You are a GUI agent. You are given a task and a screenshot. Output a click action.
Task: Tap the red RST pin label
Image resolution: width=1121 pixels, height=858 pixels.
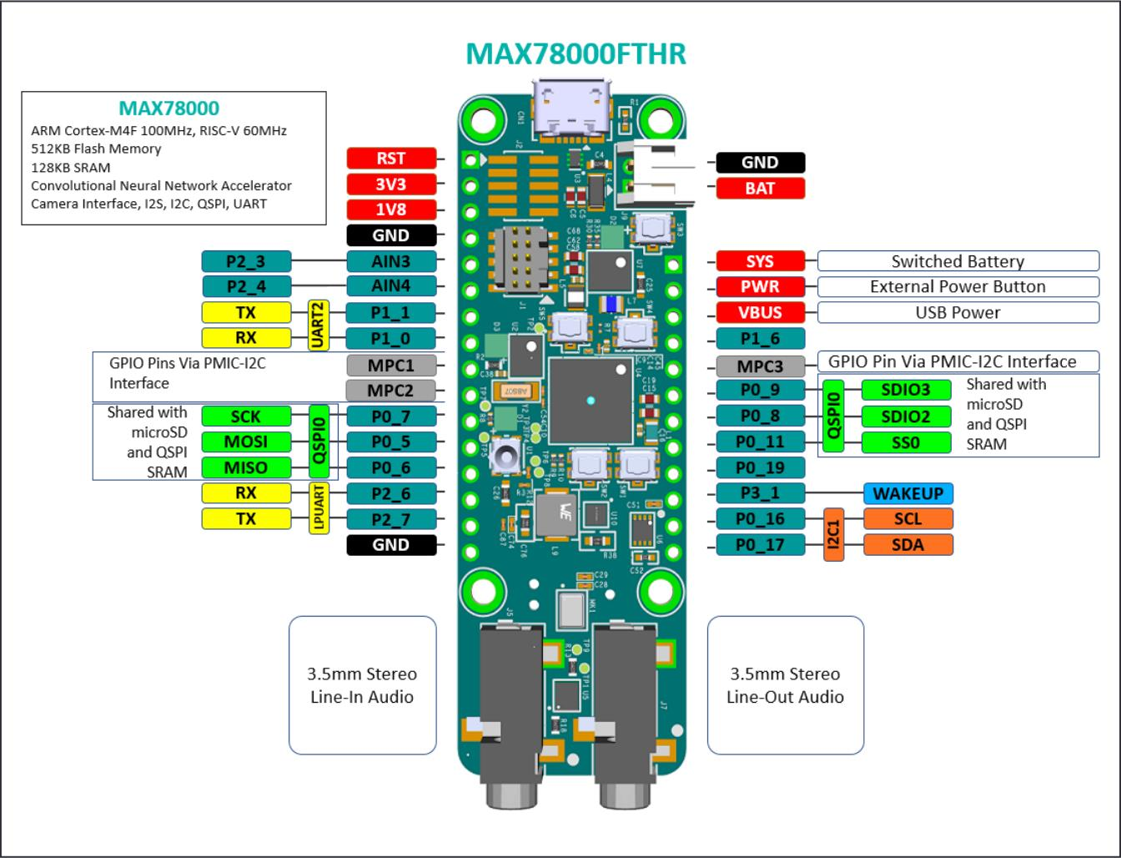(x=391, y=159)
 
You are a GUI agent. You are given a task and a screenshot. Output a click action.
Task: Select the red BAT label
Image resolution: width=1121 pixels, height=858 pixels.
(x=760, y=189)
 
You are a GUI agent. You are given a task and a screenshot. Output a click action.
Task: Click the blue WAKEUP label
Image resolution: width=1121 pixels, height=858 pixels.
(x=907, y=493)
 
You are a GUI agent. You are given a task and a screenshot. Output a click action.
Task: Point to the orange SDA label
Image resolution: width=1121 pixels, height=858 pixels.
(x=907, y=545)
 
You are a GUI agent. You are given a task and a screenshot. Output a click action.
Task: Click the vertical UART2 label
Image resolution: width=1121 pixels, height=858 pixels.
(x=319, y=326)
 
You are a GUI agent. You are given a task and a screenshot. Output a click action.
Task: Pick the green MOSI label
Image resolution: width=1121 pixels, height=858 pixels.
(x=246, y=442)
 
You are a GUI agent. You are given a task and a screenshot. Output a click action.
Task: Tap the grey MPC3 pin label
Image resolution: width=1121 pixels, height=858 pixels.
(x=761, y=366)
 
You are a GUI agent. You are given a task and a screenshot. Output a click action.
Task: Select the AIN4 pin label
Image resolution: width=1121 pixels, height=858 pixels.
(x=391, y=286)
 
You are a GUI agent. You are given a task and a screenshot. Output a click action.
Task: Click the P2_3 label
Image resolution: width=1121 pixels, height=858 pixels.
(x=246, y=261)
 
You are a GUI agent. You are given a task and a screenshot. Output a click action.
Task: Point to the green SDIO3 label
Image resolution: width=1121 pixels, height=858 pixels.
(x=905, y=390)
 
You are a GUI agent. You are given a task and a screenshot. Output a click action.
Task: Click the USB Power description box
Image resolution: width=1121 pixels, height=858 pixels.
(x=958, y=312)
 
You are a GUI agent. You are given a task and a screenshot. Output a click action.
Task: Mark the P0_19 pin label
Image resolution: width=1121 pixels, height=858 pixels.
(x=761, y=467)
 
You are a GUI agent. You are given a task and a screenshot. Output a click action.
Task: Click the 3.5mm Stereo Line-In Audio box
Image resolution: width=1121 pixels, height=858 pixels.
(x=362, y=685)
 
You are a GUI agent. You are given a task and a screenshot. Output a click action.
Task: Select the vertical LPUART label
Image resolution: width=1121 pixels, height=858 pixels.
(x=319, y=507)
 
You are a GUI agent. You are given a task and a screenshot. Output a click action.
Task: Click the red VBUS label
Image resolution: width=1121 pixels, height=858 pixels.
(x=760, y=313)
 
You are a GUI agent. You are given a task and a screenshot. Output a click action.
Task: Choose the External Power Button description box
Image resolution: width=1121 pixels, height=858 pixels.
(x=958, y=287)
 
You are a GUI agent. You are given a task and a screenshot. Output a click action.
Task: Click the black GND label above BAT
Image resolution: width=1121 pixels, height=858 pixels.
(x=760, y=163)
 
